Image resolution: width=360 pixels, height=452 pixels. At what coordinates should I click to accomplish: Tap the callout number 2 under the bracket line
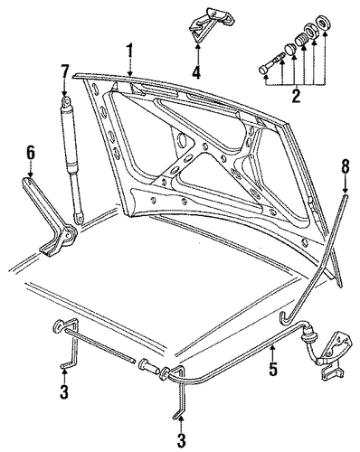(296, 96)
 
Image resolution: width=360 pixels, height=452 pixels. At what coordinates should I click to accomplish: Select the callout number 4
(196, 71)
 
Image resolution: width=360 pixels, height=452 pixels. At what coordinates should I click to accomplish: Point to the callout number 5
(273, 368)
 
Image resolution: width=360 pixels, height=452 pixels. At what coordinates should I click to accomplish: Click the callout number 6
(30, 153)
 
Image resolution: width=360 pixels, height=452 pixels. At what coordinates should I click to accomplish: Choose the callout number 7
(65, 73)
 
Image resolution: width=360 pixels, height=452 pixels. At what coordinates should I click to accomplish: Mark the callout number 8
(346, 166)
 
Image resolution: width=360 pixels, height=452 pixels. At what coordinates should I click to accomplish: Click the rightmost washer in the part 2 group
(322, 24)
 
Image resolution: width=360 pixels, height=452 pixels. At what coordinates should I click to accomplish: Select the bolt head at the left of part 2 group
(264, 71)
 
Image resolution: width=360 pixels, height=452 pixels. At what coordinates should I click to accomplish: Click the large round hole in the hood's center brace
(183, 140)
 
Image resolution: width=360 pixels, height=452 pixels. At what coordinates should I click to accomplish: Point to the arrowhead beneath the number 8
(346, 191)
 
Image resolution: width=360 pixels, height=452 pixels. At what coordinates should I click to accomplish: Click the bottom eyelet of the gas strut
(80, 218)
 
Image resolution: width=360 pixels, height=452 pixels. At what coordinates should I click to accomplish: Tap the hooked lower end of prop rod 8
(285, 319)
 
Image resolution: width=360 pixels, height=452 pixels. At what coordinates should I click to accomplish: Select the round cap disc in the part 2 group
(290, 49)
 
